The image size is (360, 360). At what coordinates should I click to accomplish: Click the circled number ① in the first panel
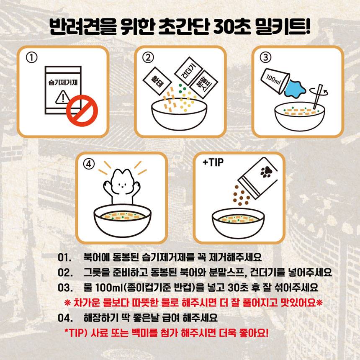[x=32, y=58]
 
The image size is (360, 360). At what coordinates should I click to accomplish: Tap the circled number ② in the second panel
[x=148, y=58]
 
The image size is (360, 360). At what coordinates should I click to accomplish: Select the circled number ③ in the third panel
[x=265, y=57]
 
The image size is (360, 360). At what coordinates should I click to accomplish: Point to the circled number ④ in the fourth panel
[x=89, y=164]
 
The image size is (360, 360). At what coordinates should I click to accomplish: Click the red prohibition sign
[x=82, y=111]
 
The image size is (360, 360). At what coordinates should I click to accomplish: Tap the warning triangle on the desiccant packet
[x=63, y=98]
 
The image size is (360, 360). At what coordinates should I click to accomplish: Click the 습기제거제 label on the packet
[x=63, y=82]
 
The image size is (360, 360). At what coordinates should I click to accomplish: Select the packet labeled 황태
[x=157, y=81]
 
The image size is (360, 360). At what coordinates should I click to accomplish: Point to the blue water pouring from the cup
[x=295, y=88]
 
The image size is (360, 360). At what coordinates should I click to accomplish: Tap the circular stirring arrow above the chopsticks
[x=319, y=91]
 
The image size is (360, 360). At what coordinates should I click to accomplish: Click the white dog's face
[x=122, y=183]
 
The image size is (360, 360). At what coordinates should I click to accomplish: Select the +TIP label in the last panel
[x=213, y=162]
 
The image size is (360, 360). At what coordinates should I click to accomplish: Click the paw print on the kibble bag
[x=266, y=172]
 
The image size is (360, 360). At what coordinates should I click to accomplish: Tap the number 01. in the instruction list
[x=64, y=257]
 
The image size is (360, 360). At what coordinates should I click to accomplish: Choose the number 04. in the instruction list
[x=65, y=318]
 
